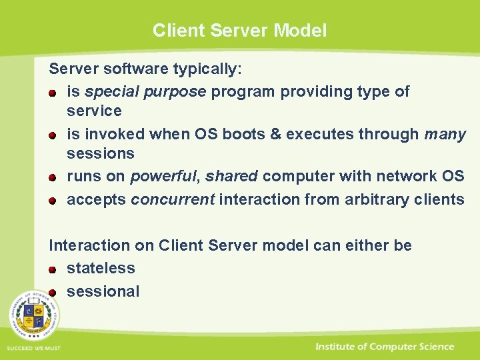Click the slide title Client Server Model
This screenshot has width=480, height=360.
point(239,31)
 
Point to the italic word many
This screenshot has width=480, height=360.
point(445,134)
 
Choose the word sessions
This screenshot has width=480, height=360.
point(100,153)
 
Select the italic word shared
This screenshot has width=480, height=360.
point(231,176)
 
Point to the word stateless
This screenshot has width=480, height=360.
point(101,268)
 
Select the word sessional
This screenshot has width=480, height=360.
point(103,291)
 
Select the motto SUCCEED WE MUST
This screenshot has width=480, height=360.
point(33,349)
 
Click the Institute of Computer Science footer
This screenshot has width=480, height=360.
point(385,347)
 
